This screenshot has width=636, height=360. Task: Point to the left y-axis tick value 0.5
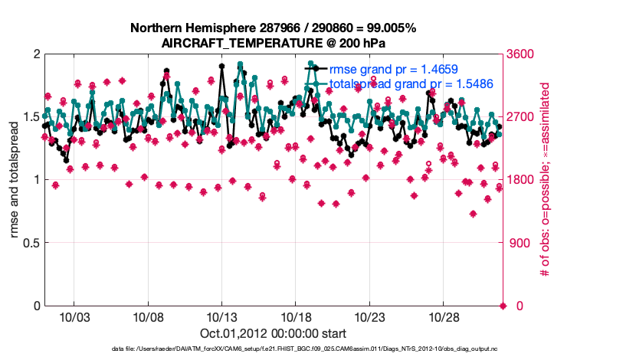pyautogui.click(x=28, y=243)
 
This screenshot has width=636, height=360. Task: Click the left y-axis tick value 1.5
pyautogui.click(x=28, y=117)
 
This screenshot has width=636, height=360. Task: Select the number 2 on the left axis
pyautogui.click(x=35, y=54)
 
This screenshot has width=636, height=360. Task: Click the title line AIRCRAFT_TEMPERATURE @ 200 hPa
pyautogui.click(x=274, y=44)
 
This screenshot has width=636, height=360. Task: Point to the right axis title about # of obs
pyautogui.click(x=546, y=179)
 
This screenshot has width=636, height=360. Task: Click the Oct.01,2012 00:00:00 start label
pyautogui.click(x=274, y=333)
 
